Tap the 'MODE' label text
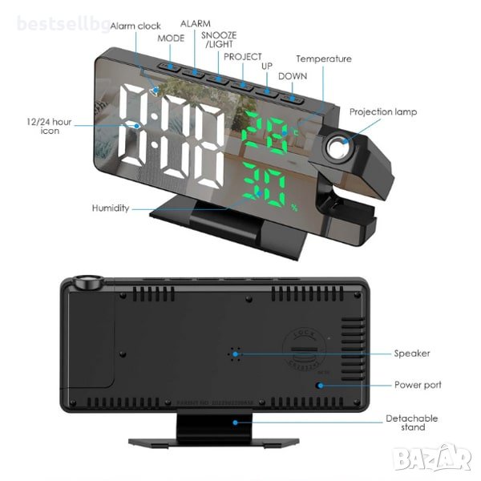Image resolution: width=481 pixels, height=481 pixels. point(171,38)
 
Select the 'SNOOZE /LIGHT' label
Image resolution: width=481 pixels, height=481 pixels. point(219,39)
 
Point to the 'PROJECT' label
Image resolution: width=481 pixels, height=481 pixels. point(243,57)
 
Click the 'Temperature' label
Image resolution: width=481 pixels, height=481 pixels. point(324,59)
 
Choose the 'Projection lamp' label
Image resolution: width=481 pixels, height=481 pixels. point(383,112)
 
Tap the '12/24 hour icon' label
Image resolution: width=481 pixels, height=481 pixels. point(50,126)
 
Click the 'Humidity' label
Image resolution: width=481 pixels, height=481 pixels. point(110,208)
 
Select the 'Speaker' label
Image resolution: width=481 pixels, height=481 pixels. point(412,353)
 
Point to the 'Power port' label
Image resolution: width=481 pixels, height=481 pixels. point(418,385)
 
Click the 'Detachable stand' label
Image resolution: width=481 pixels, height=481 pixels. point(412,423)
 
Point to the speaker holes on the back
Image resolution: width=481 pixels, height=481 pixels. point(235,353)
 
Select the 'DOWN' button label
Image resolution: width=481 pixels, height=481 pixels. point(293,75)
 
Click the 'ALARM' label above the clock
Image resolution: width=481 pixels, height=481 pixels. point(196,24)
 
